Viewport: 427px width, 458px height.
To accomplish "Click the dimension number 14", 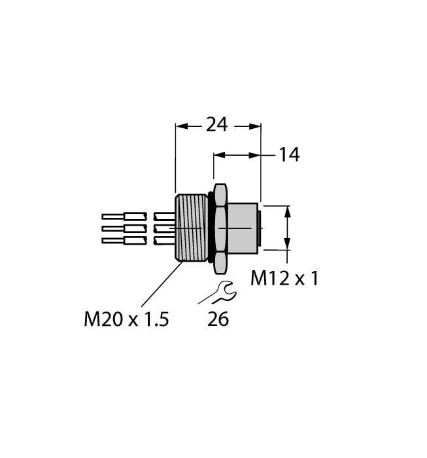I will pyautogui.click(x=288, y=155).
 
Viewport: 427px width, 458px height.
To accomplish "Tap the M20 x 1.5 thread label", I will pyautogui.click(x=127, y=319).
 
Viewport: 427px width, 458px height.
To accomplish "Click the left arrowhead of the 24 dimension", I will pyautogui.click(x=181, y=125).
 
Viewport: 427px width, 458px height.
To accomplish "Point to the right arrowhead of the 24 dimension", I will pyautogui.click(x=256, y=125).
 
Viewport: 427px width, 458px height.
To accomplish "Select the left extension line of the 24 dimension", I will pyautogui.click(x=176, y=157).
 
